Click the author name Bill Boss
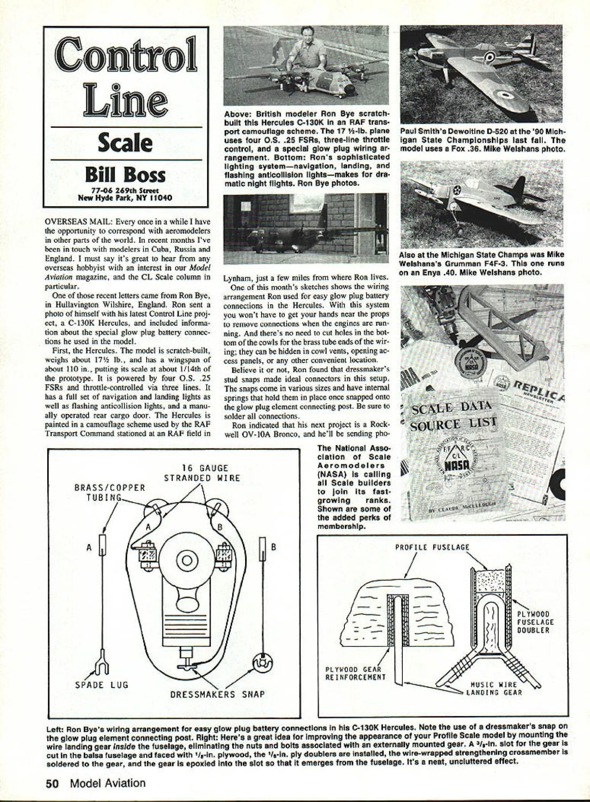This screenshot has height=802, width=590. pyautogui.click(x=125, y=175)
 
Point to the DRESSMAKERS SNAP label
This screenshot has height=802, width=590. pyautogui.click(x=217, y=695)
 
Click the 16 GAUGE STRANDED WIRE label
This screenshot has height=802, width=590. pyautogui.click(x=202, y=473)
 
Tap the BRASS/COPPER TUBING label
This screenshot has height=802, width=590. pyautogui.click(x=110, y=492)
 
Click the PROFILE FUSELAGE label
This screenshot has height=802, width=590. pyautogui.click(x=432, y=548)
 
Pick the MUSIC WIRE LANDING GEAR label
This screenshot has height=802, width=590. pyautogui.click(x=494, y=688)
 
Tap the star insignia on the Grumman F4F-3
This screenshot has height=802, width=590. pyautogui.click(x=457, y=191)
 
